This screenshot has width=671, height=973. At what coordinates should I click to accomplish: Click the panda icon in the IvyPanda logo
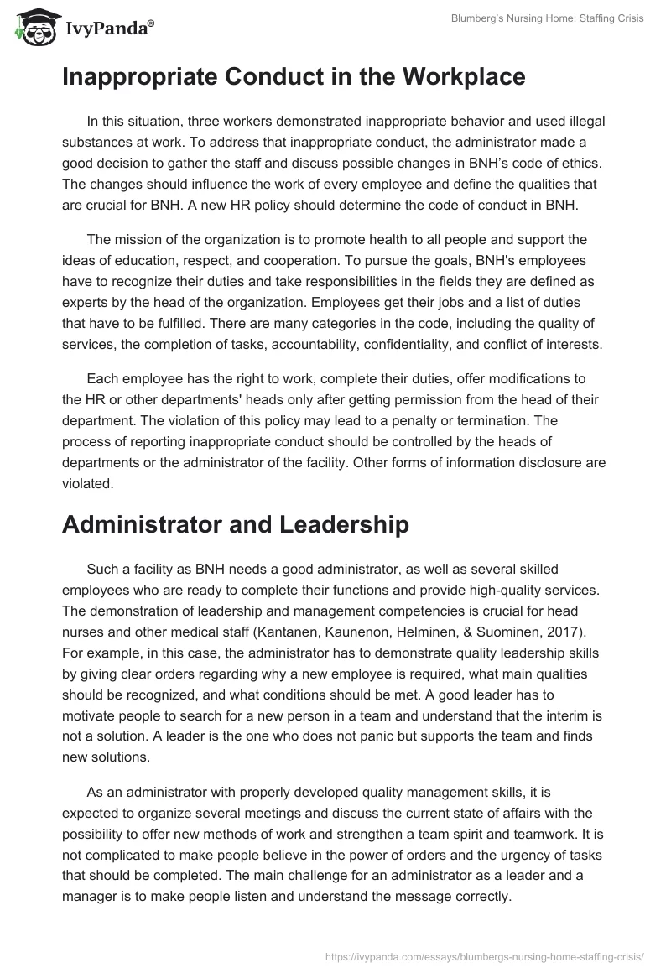coord(34,28)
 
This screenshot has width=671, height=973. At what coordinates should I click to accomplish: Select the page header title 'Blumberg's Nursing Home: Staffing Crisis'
coord(547,18)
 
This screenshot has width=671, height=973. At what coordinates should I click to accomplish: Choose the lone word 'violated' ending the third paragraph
coord(87,483)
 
